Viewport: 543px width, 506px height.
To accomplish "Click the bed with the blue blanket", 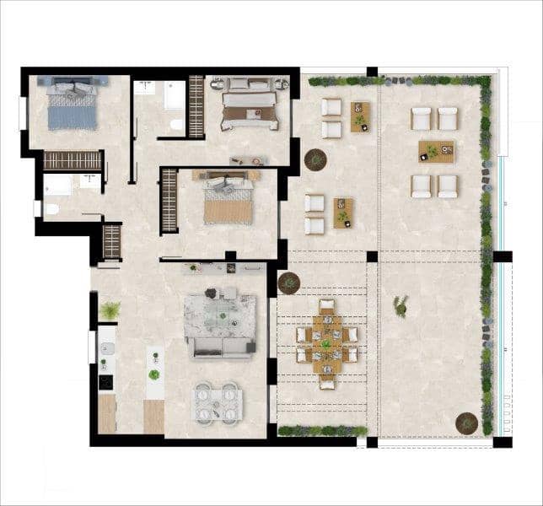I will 72,105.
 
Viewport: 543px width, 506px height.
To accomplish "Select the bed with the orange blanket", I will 228,199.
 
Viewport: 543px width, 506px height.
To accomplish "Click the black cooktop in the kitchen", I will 106,382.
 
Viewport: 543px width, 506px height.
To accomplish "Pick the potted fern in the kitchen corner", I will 110,311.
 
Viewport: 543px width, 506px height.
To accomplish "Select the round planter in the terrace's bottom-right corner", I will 466,422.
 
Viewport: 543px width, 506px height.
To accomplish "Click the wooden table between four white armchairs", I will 436,152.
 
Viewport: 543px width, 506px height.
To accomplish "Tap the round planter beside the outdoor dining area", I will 289,283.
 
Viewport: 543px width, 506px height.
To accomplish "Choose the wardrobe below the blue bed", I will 72,160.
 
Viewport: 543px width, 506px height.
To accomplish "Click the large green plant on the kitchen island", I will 153,374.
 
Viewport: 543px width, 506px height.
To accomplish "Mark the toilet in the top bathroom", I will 176,124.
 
